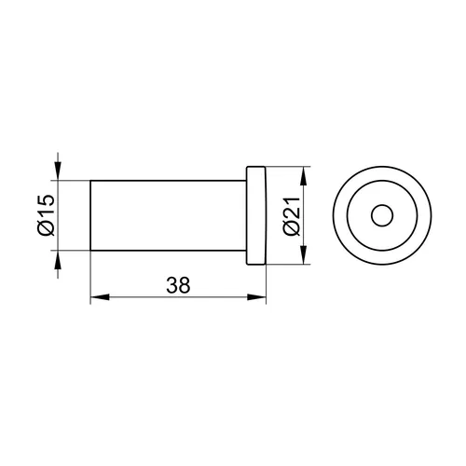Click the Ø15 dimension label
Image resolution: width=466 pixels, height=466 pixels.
coord(46,215)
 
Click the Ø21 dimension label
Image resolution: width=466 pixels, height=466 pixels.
coord(292,216)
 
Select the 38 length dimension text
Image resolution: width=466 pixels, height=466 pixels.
coord(178,285)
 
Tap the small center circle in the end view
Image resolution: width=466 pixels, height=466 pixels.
coord(382,215)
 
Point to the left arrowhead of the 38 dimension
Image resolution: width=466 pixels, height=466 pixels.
coord(100,297)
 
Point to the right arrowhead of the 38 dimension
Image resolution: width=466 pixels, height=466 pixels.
coord(256,297)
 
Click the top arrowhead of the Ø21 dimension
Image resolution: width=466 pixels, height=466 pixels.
coord(304,176)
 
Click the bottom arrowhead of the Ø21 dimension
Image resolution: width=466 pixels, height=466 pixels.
coord(304,254)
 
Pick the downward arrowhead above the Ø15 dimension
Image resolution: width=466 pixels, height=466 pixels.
coord(58,171)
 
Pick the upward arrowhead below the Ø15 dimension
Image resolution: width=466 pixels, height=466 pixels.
coord(58,259)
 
